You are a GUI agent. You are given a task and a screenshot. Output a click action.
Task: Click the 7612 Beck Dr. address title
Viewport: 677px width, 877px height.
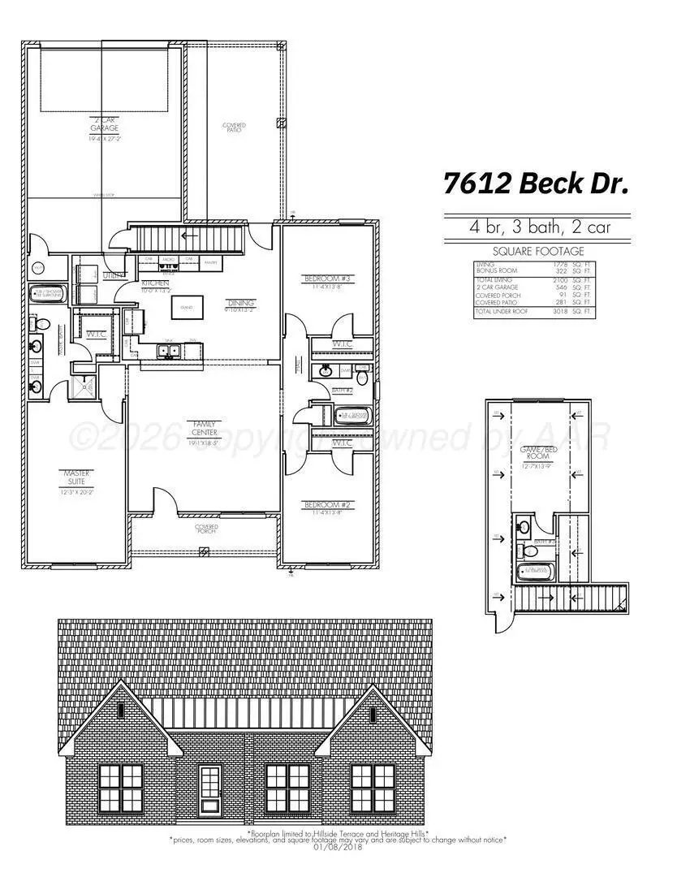(537, 184)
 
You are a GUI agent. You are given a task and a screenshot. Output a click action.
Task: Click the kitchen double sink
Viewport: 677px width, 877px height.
(170, 351)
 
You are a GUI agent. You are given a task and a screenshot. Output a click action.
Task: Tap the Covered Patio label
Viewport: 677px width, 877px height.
(234, 128)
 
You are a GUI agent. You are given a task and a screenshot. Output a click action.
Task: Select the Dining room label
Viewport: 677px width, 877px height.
(240, 304)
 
